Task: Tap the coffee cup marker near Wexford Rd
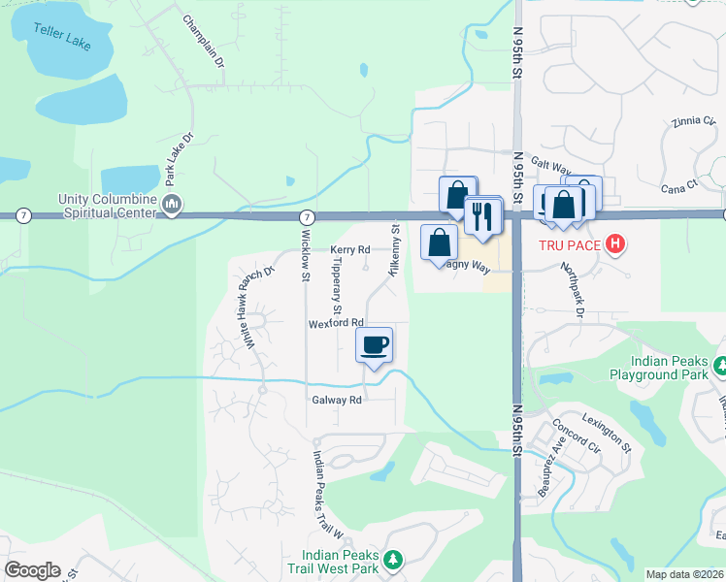pos(375,345)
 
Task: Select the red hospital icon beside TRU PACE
pos(613,244)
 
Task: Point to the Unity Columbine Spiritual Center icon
pos(173,203)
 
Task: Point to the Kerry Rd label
pos(350,249)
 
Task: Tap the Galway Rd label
pos(337,400)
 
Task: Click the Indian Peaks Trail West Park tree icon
pos(393,560)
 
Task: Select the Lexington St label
pos(607,433)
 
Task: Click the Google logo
pos(32,570)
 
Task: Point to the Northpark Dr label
pos(573,289)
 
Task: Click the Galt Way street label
pos(548,167)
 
